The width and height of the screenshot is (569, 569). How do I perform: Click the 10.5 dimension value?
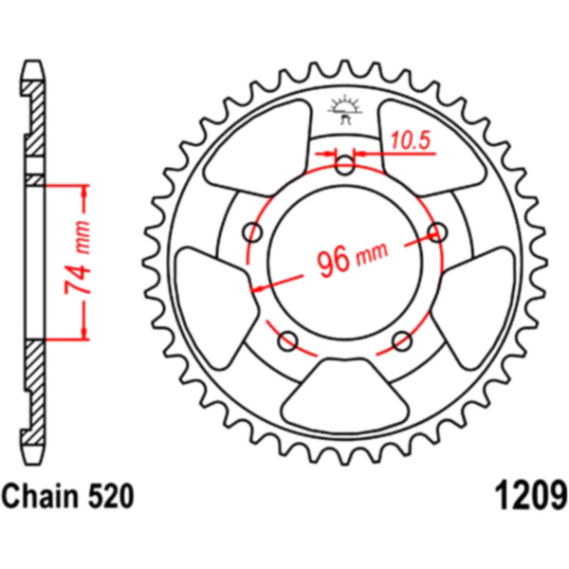(411, 140)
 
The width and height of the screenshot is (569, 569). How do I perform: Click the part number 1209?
(531, 496)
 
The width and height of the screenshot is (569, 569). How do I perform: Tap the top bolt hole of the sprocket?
(345, 164)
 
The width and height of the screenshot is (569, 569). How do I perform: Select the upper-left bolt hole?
(252, 232)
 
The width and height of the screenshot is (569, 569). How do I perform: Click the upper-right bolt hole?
(437, 232)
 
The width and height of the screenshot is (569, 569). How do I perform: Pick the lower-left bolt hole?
(287, 340)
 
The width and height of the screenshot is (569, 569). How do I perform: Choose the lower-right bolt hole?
(402, 340)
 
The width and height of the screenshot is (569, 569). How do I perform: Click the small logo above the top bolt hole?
(345, 109)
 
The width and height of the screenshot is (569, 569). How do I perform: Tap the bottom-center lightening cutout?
(345, 395)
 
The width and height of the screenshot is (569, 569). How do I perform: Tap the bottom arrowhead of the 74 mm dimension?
(84, 333)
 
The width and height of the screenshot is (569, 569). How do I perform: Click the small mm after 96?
(373, 252)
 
